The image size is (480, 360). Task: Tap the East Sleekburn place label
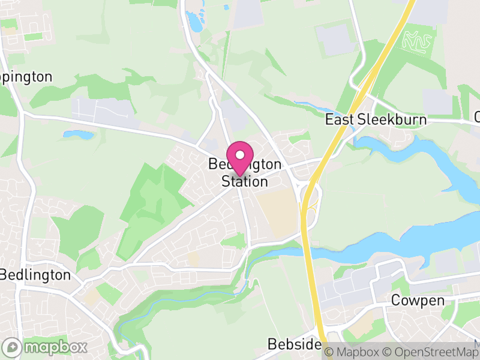[x=376, y=119]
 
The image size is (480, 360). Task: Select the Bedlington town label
[x=35, y=275]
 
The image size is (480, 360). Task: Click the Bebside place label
[x=294, y=344]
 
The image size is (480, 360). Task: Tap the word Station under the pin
[x=244, y=181]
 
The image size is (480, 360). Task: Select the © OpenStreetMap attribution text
[x=431, y=352]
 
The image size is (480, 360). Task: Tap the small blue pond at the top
[x=195, y=22]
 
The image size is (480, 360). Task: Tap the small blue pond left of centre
[x=79, y=135]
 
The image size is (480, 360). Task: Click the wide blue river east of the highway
[x=408, y=240]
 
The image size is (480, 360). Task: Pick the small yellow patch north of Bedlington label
[x=193, y=259]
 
